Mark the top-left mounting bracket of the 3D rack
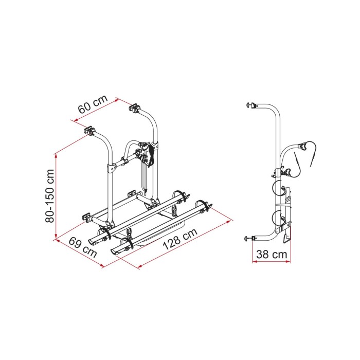tap(91, 132)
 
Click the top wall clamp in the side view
tap(252, 106)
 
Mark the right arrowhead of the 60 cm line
tap(117, 99)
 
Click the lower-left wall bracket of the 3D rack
tap(85, 217)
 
